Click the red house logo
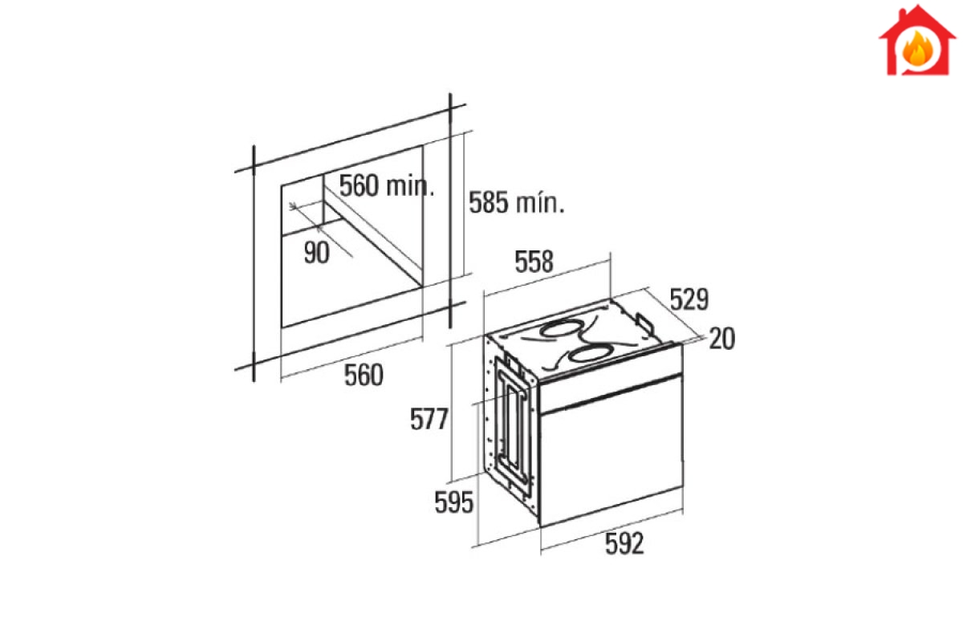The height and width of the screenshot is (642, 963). coord(917,41)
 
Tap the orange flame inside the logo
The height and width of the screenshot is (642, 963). coord(917,50)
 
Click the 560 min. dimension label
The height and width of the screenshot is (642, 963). coord(387,185)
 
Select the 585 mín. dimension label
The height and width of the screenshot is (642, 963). coord(516,202)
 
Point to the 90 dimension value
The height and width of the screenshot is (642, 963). coord(317,253)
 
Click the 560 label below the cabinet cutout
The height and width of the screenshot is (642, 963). coord(364,375)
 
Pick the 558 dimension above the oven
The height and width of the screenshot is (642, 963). coord(534,262)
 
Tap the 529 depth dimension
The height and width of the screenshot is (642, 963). coord(689,299)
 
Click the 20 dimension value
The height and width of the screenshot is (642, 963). coord(721,339)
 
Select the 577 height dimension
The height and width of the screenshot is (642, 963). coord(429,419)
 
